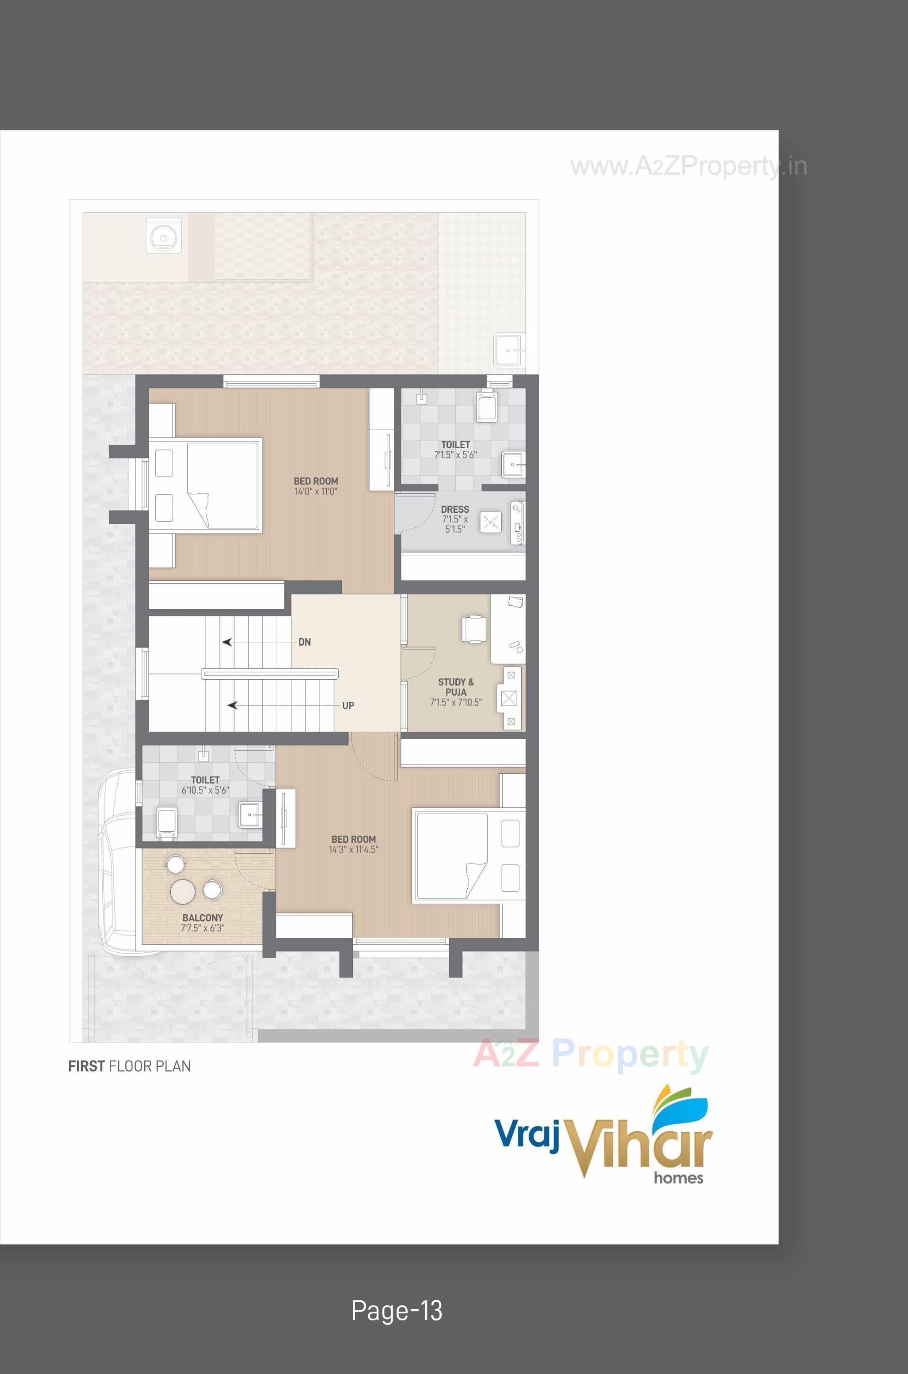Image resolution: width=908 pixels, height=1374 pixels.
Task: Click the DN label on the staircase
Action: [305, 642]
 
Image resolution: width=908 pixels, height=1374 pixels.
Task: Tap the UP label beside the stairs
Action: [348, 706]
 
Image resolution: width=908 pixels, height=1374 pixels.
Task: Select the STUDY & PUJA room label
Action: [456, 687]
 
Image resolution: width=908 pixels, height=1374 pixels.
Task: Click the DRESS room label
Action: [455, 510]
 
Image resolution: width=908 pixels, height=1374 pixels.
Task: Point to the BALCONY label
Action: [203, 918]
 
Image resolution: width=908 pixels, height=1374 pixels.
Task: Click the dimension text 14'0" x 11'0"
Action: [315, 492]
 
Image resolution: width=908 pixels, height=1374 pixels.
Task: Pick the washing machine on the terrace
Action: [164, 235]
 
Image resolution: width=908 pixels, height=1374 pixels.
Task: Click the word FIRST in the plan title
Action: [86, 1066]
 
